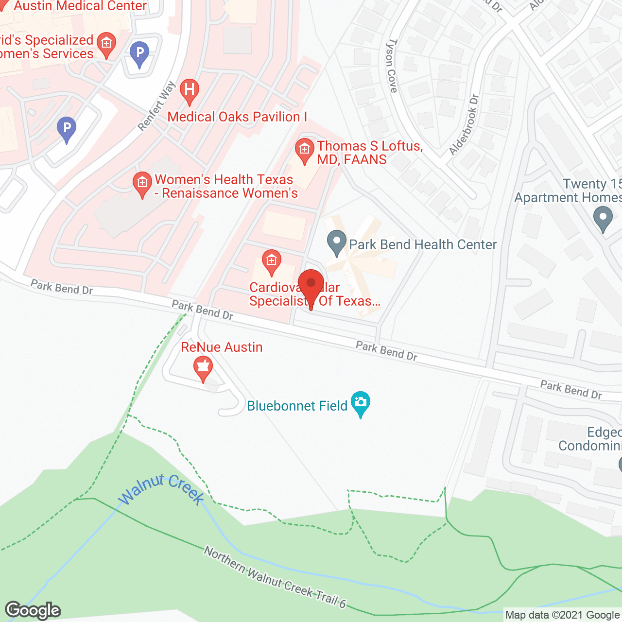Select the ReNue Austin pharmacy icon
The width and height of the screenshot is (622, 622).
coord(203,368)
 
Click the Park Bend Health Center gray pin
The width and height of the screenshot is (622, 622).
coord(336,242)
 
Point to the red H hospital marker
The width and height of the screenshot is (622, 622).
coord(190,91)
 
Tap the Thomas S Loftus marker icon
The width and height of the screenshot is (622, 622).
coord(305,151)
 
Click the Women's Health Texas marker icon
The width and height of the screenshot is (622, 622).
coord(142,184)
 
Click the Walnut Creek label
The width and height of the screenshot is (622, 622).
coord(161,489)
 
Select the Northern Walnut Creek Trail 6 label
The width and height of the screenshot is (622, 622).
coord(275,577)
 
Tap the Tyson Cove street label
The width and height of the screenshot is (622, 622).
coord(392,66)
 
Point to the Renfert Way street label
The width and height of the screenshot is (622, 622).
coord(156,106)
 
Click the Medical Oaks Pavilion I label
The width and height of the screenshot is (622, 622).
coord(237,117)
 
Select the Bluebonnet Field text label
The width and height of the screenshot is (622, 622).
coord(297,406)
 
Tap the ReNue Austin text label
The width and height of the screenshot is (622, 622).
coord(222,347)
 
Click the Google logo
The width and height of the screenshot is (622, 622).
coord(33,610)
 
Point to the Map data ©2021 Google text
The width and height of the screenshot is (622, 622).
coord(562,615)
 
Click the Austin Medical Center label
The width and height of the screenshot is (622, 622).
coord(80,6)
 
